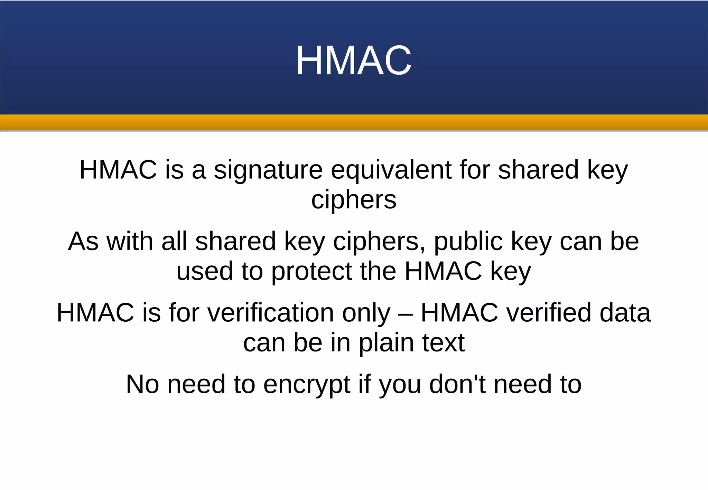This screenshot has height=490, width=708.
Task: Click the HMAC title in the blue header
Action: click(x=354, y=60)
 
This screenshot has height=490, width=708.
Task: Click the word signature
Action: click(x=268, y=170)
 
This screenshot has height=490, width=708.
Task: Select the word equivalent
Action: click(x=391, y=170)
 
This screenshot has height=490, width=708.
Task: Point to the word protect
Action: click(x=311, y=272)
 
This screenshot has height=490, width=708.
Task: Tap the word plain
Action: click(x=386, y=343)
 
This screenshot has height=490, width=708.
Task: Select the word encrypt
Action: click(x=307, y=385)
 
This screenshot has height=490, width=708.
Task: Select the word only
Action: click(x=366, y=313)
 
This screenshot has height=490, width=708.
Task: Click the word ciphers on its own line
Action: click(x=354, y=200)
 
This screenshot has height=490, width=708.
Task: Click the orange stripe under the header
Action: click(x=354, y=122)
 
